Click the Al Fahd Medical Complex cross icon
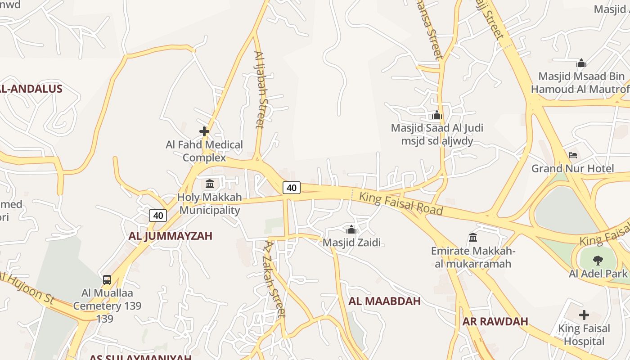(204, 131)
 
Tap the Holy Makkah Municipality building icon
(210, 184)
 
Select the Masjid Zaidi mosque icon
(351, 229)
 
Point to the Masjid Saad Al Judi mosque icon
(436, 115)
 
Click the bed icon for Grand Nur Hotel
(573, 155)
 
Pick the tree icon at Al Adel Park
(598, 260)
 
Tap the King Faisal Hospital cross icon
(584, 315)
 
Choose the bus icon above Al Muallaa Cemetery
(107, 279)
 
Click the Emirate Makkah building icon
(473, 237)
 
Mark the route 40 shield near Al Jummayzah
(158, 216)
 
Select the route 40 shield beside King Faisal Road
(292, 188)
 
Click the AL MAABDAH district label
(385, 301)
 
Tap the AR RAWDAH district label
(495, 321)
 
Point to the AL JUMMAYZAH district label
(170, 236)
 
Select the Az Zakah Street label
(274, 279)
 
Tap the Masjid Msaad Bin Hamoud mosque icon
(581, 63)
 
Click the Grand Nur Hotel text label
(572, 169)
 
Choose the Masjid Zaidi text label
(351, 243)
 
